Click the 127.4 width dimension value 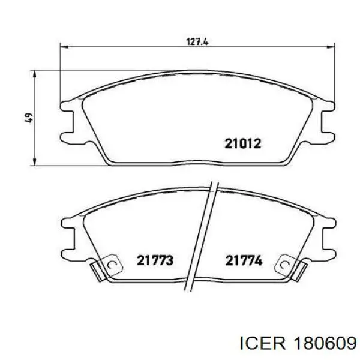pyautogui.click(x=197, y=42)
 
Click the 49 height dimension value pyautogui.click(x=29, y=118)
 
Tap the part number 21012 pyautogui.click(x=243, y=144)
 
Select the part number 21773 pyautogui.click(x=155, y=260)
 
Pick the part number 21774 pyautogui.click(x=244, y=260)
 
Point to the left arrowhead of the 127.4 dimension pyautogui.click(x=64, y=47)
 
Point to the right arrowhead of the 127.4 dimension pyautogui.click(x=331, y=47)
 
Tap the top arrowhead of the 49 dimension pyautogui.click(x=34, y=74)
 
